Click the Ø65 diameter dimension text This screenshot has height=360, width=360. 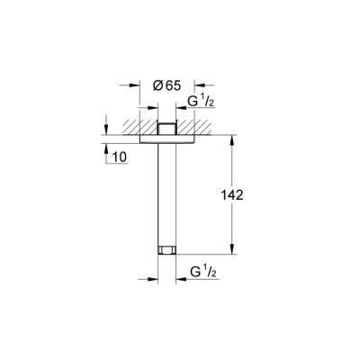point(167,86)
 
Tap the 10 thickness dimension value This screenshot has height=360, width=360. point(120,158)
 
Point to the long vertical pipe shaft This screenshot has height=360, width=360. point(169,193)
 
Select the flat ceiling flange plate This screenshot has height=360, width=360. point(169,138)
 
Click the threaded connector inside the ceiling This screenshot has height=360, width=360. point(169,128)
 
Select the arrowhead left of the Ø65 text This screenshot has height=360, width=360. point(136,86)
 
